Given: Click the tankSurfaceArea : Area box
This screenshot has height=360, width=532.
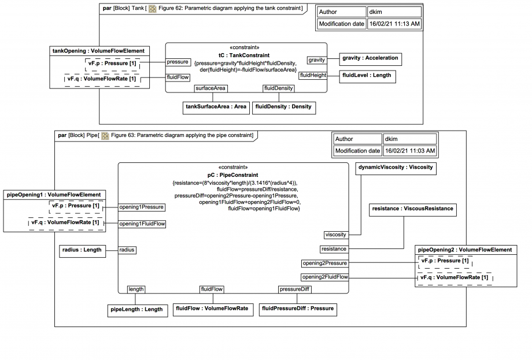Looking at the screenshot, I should (216, 106).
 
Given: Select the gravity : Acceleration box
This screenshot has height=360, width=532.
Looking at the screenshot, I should (370, 58).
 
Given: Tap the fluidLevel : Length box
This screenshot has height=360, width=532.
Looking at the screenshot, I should (367, 75).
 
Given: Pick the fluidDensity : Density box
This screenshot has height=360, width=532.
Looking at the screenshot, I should (283, 106).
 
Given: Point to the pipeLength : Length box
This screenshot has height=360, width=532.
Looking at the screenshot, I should (136, 309).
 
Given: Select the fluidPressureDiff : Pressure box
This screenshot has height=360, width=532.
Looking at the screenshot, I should (298, 309).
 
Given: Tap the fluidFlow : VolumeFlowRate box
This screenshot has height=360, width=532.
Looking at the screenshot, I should (212, 309).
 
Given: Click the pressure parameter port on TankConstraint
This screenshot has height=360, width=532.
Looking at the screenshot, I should (178, 62).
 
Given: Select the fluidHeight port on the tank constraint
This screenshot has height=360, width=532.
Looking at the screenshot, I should (313, 75).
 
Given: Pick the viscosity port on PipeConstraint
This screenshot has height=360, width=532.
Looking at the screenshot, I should (336, 235).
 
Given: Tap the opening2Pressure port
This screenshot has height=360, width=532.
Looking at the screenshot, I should (325, 263).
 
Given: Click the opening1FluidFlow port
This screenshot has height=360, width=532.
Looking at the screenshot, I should (142, 224).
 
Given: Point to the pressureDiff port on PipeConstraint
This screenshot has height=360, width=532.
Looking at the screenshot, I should (295, 289).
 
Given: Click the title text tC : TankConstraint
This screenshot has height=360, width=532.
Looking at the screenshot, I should (246, 55).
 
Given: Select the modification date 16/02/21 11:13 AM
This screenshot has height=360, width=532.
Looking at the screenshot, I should (394, 24).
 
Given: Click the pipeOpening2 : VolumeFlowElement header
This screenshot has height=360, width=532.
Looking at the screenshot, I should (465, 250).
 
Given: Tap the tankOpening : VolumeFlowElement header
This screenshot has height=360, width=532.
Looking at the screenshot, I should (98, 50).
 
